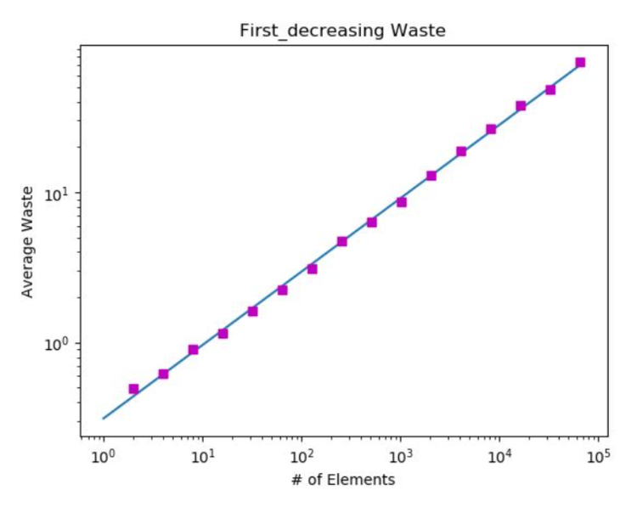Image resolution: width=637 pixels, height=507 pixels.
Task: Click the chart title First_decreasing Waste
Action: (x=344, y=31)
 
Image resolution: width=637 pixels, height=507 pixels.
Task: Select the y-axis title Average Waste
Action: (x=27, y=241)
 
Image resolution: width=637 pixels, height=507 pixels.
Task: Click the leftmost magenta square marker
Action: (x=133, y=389)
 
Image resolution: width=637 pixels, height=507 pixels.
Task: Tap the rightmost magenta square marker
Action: (x=580, y=62)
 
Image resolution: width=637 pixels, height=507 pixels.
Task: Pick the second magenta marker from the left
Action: (x=163, y=374)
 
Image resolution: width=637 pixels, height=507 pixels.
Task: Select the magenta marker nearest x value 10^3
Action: (x=401, y=202)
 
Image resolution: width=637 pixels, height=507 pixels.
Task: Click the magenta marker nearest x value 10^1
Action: (x=193, y=350)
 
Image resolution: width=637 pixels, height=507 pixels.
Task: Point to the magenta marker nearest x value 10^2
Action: (x=312, y=268)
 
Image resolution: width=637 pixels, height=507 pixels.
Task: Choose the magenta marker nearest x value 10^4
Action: (x=491, y=129)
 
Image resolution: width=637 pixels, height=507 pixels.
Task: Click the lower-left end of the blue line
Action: (x=104, y=418)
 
